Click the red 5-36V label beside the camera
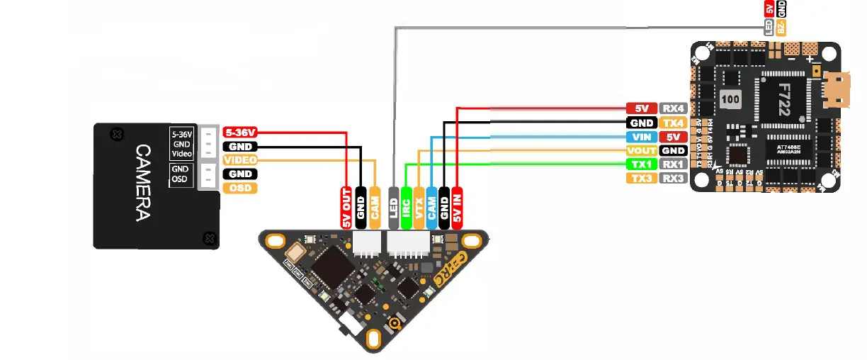pyautogui.click(x=239, y=132)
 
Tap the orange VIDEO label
pyautogui.click(x=239, y=160)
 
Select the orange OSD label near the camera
pyautogui.click(x=239, y=188)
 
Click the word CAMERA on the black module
pyautogui.click(x=142, y=183)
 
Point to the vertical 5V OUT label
pyautogui.click(x=347, y=208)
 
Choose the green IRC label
pyautogui.click(x=406, y=208)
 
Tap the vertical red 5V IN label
pyautogui.click(x=458, y=208)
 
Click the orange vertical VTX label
pyautogui.click(x=419, y=208)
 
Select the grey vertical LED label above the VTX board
pyautogui.click(x=393, y=208)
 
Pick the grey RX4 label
pyautogui.click(x=673, y=108)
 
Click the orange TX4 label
pyautogui.click(x=673, y=123)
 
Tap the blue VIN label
pyautogui.click(x=641, y=137)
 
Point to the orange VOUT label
pyautogui.click(x=641, y=150)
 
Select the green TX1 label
pyautogui.click(x=641, y=164)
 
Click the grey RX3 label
pyautogui.click(x=673, y=178)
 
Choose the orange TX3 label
pyautogui.click(x=641, y=178)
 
